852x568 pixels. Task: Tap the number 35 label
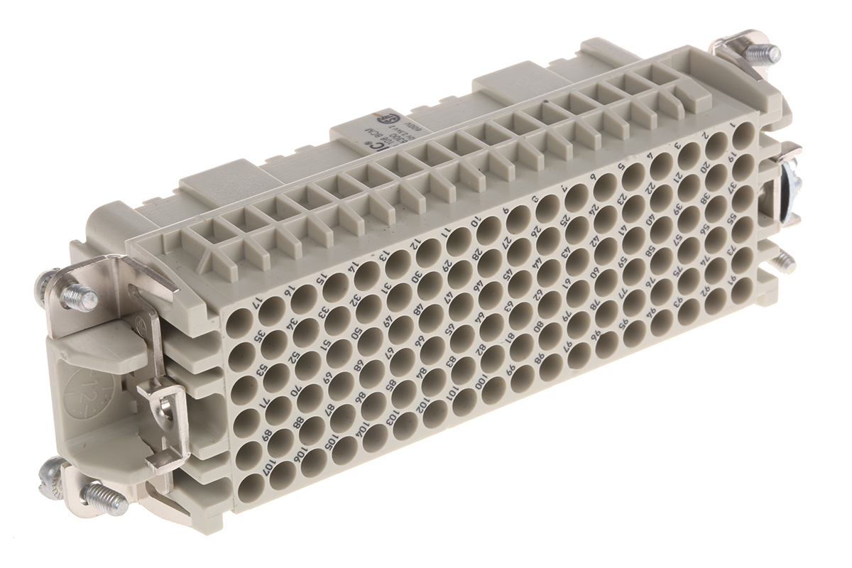coord(261,335)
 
